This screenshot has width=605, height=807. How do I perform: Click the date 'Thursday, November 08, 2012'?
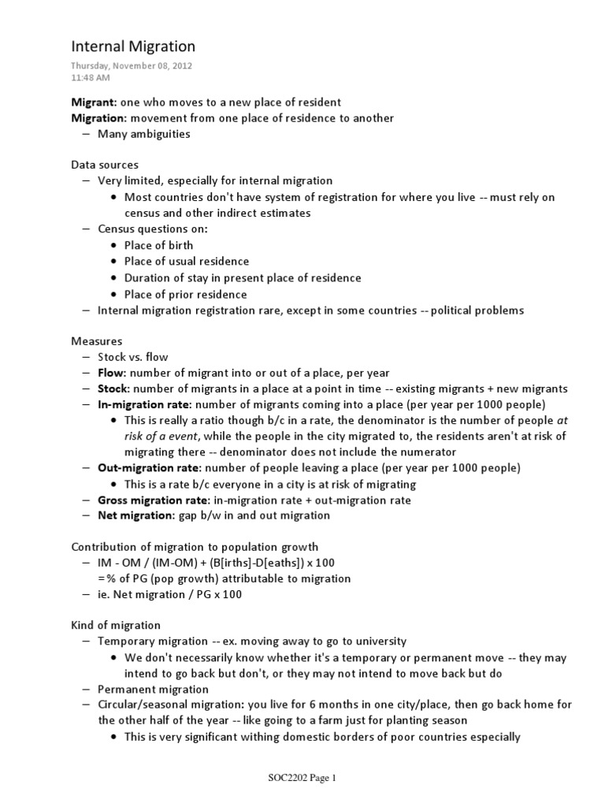click(131, 66)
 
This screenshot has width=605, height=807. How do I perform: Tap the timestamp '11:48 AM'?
click(91, 78)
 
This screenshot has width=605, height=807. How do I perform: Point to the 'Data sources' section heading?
click(105, 165)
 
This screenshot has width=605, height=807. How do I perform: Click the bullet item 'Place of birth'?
click(158, 245)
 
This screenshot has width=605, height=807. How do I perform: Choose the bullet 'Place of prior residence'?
click(185, 294)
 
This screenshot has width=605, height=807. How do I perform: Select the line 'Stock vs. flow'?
click(132, 357)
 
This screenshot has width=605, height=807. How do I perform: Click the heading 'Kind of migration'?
click(116, 625)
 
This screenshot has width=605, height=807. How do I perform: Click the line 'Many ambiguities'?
click(143, 134)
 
